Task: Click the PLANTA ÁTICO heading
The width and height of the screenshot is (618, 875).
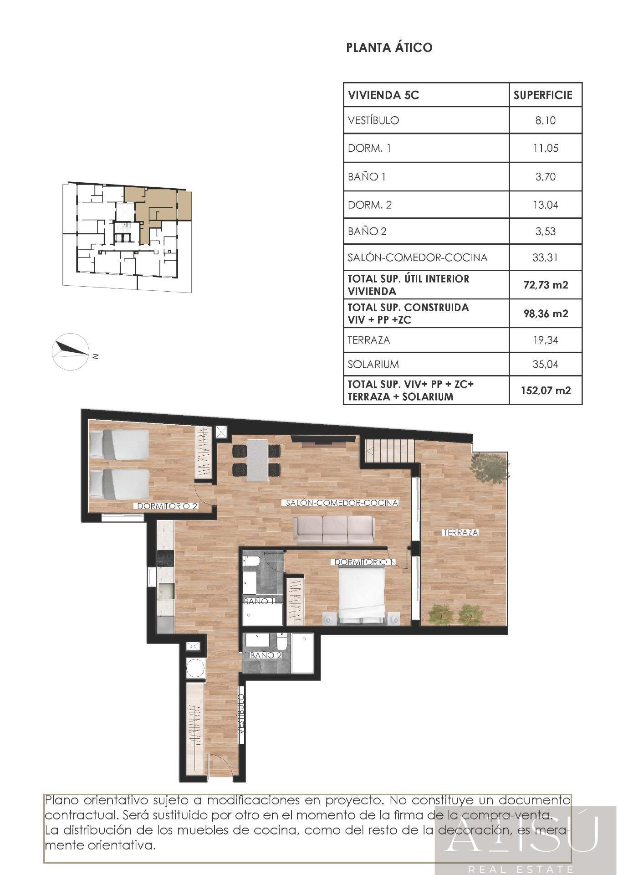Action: click(x=389, y=47)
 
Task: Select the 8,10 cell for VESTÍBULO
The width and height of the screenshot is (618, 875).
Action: click(x=545, y=120)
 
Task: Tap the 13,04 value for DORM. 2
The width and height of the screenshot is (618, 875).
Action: click(x=545, y=205)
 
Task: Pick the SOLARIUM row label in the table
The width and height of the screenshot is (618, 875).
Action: click(x=373, y=364)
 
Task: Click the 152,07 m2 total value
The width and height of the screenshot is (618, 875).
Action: click(x=546, y=390)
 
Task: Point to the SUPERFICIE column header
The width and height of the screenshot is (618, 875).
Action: click(x=543, y=95)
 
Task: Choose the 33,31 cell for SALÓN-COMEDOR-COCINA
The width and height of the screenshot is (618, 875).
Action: click(x=545, y=257)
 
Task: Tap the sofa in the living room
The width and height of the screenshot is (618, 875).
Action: click(x=334, y=530)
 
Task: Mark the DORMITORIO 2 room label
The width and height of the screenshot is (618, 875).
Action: click(x=167, y=506)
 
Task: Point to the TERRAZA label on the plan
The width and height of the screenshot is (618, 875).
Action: click(x=460, y=532)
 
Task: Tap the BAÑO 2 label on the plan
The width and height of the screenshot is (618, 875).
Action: click(x=266, y=655)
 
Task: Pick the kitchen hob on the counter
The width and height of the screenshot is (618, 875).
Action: click(x=165, y=559)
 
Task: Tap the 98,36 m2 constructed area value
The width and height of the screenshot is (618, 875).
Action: click(x=546, y=314)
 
